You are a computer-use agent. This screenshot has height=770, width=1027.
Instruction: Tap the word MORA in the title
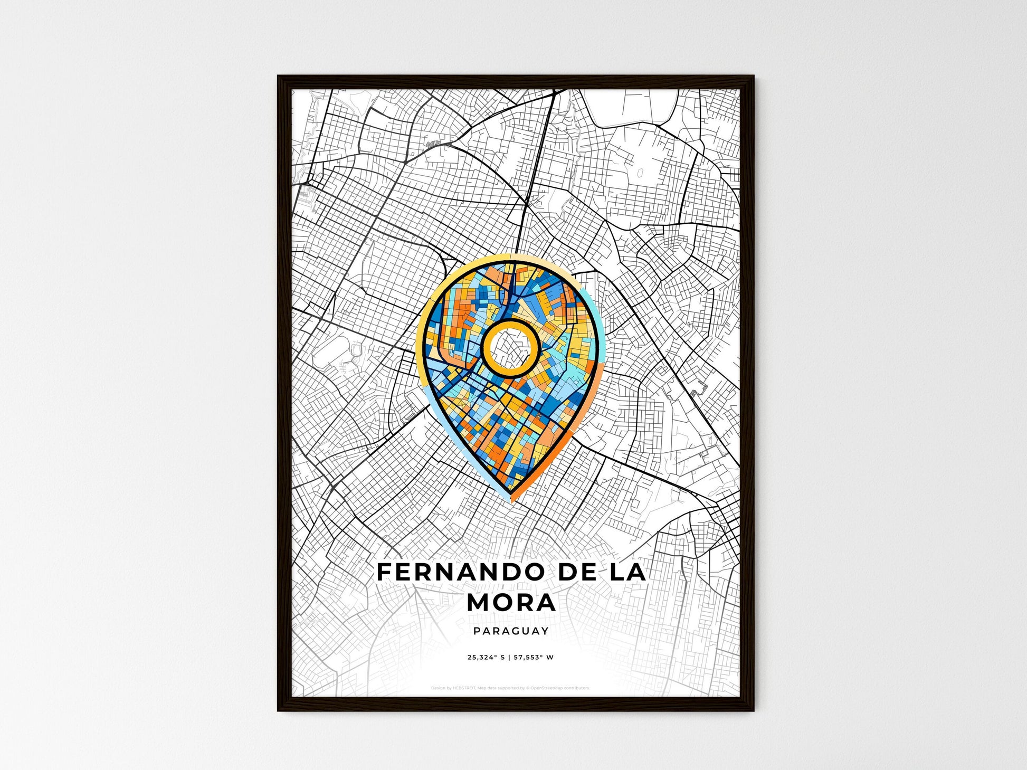pyautogui.click(x=511, y=603)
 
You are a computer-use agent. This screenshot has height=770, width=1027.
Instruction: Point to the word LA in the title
pyautogui.click(x=627, y=573)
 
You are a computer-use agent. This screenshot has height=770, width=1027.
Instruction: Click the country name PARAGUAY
pyautogui.click(x=511, y=631)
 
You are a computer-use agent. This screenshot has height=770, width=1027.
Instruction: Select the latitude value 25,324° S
pyautogui.click(x=486, y=658)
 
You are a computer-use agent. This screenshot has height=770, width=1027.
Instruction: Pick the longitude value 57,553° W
pyautogui.click(x=534, y=658)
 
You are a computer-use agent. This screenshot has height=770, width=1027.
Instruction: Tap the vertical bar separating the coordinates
pyautogui.click(x=509, y=658)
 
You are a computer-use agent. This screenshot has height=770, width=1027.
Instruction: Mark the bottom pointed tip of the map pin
pyautogui.click(x=511, y=499)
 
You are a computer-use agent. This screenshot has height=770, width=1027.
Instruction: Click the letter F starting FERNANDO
pyautogui.click(x=384, y=573)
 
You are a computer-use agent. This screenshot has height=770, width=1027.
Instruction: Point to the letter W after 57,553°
pyautogui.click(x=550, y=658)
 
